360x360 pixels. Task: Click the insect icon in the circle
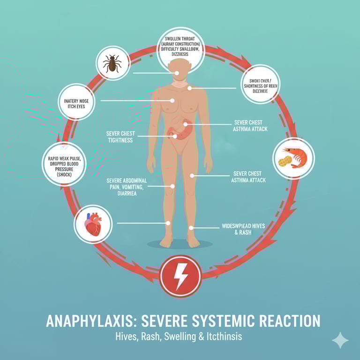(x=112, y=63)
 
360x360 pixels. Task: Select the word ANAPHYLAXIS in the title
(x=88, y=321)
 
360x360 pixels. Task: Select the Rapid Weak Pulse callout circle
(x=64, y=164)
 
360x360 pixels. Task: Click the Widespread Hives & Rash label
(x=243, y=229)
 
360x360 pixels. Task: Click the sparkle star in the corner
(x=340, y=340)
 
